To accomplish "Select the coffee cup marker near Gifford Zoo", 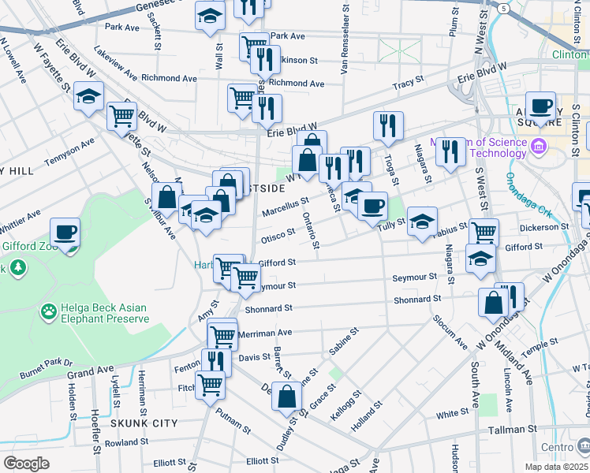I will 65,233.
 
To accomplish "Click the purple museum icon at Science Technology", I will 539,147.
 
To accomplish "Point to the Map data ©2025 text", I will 556,467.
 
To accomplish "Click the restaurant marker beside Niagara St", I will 450,151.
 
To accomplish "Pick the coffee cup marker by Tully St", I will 372,206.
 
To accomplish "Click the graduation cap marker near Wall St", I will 210,16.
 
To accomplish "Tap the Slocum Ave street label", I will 449,334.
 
